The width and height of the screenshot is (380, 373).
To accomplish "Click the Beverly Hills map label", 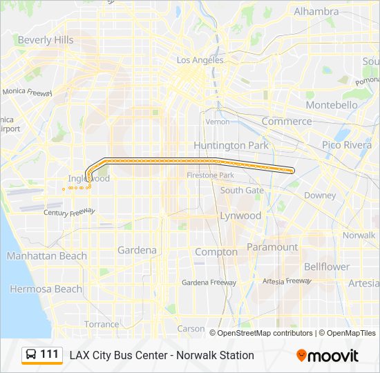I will point(46,40).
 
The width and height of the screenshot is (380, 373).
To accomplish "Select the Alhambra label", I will point(316,12).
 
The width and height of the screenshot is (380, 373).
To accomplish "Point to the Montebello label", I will point(332,105).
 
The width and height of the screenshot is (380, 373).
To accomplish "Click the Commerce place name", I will point(287,121).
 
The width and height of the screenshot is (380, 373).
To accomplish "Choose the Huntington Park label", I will point(229,145).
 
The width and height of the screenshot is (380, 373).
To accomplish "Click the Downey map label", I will point(319,195).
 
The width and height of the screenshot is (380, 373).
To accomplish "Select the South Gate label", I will point(242,190).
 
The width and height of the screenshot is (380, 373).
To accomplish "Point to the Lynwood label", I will point(240,216).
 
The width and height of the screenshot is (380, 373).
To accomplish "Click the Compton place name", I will point(216,252).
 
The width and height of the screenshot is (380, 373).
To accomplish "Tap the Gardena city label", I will point(137,250).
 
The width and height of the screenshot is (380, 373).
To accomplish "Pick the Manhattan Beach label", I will point(47,256).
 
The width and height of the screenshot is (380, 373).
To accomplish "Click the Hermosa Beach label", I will point(46,289).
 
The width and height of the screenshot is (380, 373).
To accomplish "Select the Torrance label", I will point(102,324).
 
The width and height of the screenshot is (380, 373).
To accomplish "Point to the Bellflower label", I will point(327,267).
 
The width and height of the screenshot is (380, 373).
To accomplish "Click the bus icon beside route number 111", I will point(31,355).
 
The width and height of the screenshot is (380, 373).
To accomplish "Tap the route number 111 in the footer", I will point(50,354).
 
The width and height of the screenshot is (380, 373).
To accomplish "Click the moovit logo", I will point(327,356).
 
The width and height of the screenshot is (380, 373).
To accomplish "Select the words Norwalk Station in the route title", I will point(219,355).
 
